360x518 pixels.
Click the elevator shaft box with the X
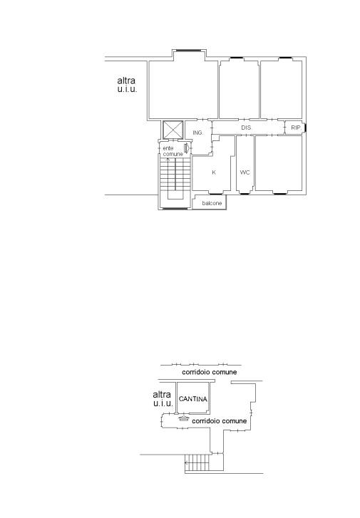point(173,130)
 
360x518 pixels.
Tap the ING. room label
point(197,133)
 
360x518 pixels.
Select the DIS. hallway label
point(246,128)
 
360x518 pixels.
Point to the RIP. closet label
point(296,128)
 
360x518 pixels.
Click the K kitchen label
point(214,172)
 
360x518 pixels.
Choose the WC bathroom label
point(245,172)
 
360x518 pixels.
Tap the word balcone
point(212,203)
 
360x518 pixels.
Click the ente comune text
point(173,151)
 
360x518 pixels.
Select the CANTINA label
point(193,399)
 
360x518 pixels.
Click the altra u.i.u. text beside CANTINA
point(163,399)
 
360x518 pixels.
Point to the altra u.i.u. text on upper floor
point(127,85)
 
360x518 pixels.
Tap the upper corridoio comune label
point(210,372)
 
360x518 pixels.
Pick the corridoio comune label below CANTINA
point(219,421)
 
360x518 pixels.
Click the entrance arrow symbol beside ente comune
point(187,148)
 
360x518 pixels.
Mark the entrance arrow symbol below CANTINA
point(183,418)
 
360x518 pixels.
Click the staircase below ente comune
point(175,178)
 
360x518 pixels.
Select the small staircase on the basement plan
point(197,462)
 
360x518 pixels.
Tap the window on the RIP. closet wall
point(305,128)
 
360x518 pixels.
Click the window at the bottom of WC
point(245,193)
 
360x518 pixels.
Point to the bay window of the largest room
point(188,50)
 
